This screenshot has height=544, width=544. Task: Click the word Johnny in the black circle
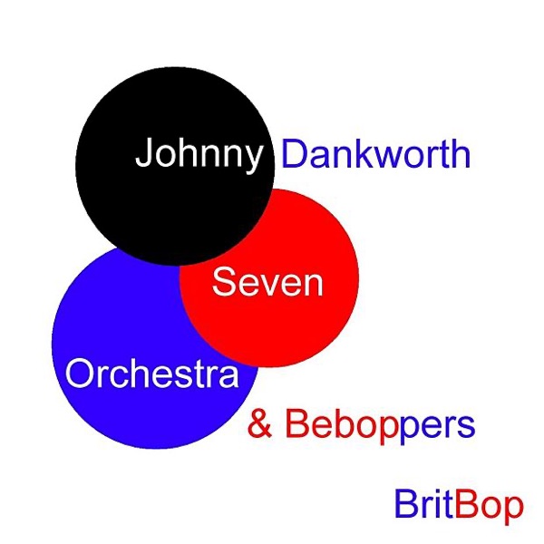pos(199,155)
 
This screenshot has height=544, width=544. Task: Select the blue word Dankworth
pos(376,154)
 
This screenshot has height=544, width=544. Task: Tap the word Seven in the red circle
pos(267,281)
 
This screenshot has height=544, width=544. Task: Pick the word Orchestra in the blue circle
pos(152,374)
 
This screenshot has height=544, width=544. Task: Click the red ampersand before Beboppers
pos(260,423)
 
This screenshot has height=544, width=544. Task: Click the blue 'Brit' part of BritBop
pos(424,504)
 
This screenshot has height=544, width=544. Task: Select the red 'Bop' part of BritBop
pos(489,507)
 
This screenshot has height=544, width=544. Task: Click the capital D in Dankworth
pos(294,154)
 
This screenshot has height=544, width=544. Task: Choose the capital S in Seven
pos(224,281)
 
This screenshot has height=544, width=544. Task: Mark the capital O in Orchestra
pos(79,374)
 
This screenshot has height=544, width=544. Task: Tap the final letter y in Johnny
pos(252,160)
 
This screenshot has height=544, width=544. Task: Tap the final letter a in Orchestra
pos(229,377)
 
